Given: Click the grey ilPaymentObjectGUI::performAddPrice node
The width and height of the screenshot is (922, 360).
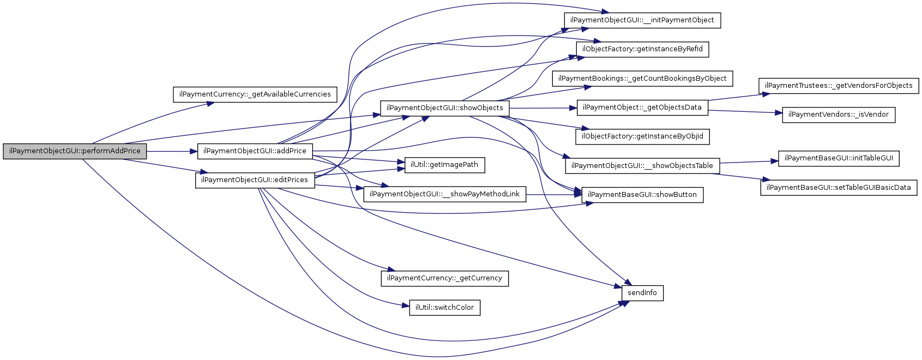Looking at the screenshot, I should [75, 151].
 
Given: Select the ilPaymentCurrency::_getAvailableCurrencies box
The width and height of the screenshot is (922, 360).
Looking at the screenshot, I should [255, 94].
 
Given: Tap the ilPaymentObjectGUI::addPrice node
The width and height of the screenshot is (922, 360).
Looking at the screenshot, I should [255, 151].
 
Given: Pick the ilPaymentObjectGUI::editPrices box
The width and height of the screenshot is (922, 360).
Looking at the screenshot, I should [255, 180].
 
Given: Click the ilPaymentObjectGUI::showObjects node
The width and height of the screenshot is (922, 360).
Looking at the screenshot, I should [444, 108].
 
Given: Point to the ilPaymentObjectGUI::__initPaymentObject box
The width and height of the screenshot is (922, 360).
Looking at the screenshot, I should [642, 20].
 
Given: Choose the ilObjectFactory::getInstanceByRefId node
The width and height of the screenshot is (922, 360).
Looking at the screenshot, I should [642, 49].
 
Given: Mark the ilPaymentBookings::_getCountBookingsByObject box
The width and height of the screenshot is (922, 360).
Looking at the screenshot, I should [642, 79].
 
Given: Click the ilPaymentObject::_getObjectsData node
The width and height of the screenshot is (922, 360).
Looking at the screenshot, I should [642, 107].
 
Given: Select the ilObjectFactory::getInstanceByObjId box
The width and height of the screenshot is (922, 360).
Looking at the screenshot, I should [642, 136].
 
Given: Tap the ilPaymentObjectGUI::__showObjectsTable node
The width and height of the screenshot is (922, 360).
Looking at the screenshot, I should [642, 166].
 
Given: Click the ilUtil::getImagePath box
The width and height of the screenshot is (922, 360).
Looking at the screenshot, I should [444, 165].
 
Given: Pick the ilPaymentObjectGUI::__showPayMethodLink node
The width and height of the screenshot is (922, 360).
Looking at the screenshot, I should [444, 194].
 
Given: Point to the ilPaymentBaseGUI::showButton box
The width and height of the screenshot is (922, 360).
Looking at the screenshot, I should [642, 195].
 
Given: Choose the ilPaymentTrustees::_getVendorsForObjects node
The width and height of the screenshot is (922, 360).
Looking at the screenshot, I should [839, 86].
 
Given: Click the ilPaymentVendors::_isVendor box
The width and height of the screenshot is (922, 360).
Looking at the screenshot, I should [839, 115].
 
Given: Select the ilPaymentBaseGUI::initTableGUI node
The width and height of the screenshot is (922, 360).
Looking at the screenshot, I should [839, 158].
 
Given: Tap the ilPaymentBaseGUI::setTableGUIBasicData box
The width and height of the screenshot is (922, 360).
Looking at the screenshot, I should [839, 188].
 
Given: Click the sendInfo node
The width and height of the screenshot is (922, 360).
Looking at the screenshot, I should [642, 293].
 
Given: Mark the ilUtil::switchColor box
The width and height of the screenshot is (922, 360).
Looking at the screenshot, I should [444, 308].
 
